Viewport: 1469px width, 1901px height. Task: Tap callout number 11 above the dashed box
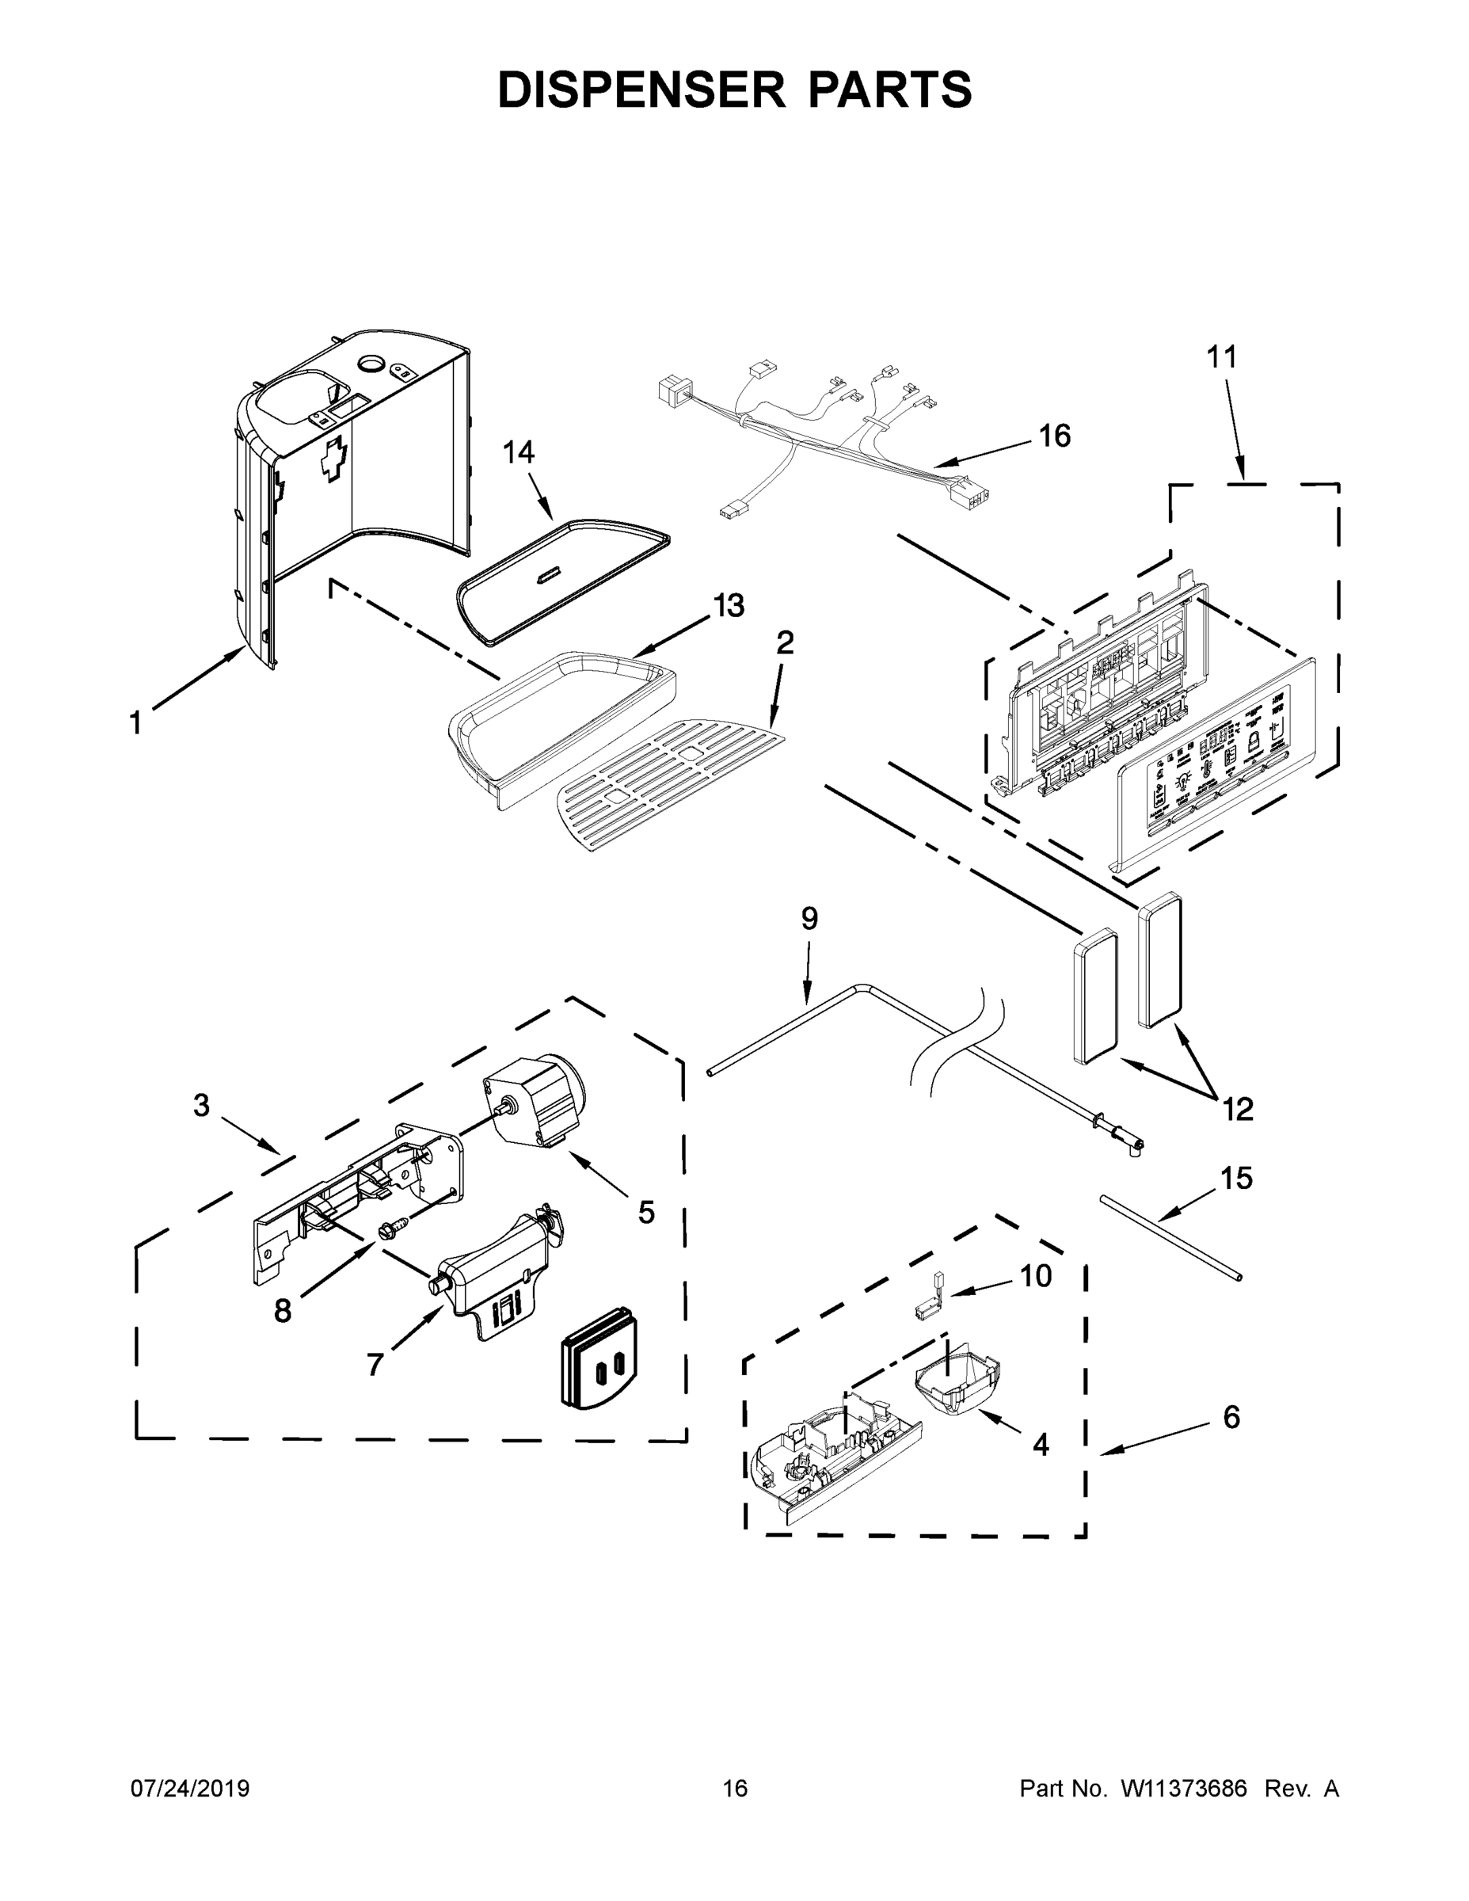click(x=1221, y=357)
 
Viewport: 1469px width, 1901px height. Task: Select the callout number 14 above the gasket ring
click(x=519, y=452)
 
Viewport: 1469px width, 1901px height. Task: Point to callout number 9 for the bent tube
click(x=809, y=918)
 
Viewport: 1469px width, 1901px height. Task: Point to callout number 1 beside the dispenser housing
click(x=135, y=722)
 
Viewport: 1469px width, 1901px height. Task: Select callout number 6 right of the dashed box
click(x=1231, y=1418)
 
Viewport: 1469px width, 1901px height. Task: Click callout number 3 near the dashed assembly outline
click(x=201, y=1106)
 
